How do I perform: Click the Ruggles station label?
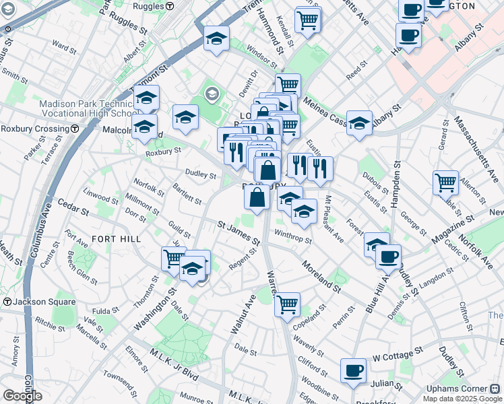pos(150,5)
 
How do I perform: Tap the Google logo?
pos(22,396)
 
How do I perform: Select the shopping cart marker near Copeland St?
pos(288,304)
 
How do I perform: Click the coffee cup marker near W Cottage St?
pos(353,370)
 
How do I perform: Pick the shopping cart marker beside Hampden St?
pos(445,182)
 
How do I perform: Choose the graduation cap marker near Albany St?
pos(360,123)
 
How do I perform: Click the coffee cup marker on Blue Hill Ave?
pos(388,257)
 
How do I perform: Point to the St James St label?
pos(238,232)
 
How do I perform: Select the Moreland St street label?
pos(321,276)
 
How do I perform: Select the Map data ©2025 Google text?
pos(462,399)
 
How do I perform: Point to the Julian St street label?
pos(387,384)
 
